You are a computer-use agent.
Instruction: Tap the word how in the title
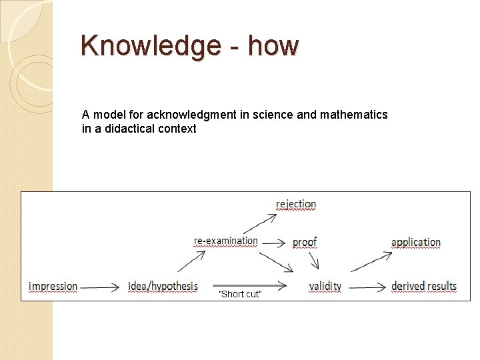click(x=273, y=46)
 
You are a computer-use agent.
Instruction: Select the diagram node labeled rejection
click(x=296, y=204)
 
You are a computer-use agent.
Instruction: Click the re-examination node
click(x=226, y=241)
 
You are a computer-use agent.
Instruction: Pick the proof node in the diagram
click(x=305, y=241)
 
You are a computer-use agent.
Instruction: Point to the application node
click(x=415, y=241)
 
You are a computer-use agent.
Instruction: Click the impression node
click(x=53, y=287)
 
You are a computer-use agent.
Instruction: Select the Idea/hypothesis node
click(x=163, y=287)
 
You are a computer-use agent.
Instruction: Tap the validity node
click(x=325, y=287)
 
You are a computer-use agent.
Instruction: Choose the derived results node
click(x=423, y=287)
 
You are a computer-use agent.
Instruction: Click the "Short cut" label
click(x=240, y=295)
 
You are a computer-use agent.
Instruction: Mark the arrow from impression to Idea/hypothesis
click(x=100, y=287)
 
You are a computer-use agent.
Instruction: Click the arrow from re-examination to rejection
click(x=260, y=223)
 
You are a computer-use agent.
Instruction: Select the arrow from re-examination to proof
click(x=274, y=241)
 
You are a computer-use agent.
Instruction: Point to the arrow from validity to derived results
click(x=367, y=288)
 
